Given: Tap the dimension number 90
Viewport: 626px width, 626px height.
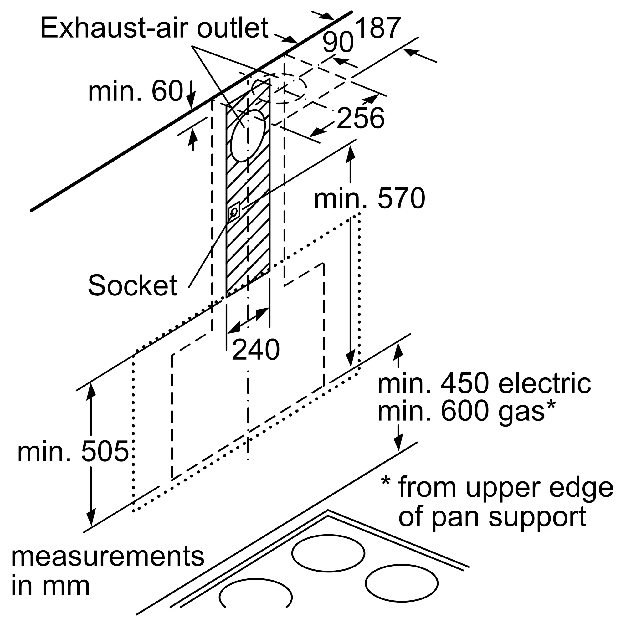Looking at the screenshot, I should tap(338, 43).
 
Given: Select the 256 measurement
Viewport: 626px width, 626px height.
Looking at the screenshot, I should tap(360, 118).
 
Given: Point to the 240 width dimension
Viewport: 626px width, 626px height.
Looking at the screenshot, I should tap(256, 350).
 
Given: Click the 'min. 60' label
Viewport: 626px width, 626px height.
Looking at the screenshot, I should tap(136, 92).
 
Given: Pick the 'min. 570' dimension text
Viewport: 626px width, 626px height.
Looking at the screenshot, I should tap(369, 199).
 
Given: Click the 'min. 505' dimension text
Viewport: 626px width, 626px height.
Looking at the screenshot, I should tap(73, 452).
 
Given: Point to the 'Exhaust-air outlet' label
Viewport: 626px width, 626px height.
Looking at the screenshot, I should tap(154, 28).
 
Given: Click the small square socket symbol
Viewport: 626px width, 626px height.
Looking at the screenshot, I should tap(234, 212).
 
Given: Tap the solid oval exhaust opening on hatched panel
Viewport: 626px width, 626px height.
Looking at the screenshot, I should tap(248, 136).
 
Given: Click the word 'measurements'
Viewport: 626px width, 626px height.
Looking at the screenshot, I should tap(108, 557).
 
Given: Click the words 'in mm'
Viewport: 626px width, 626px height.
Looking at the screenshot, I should tap(50, 586).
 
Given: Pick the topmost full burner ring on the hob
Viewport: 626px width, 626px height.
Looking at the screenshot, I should tap(328, 553).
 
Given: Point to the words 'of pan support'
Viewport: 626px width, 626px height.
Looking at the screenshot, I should tap(492, 517).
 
